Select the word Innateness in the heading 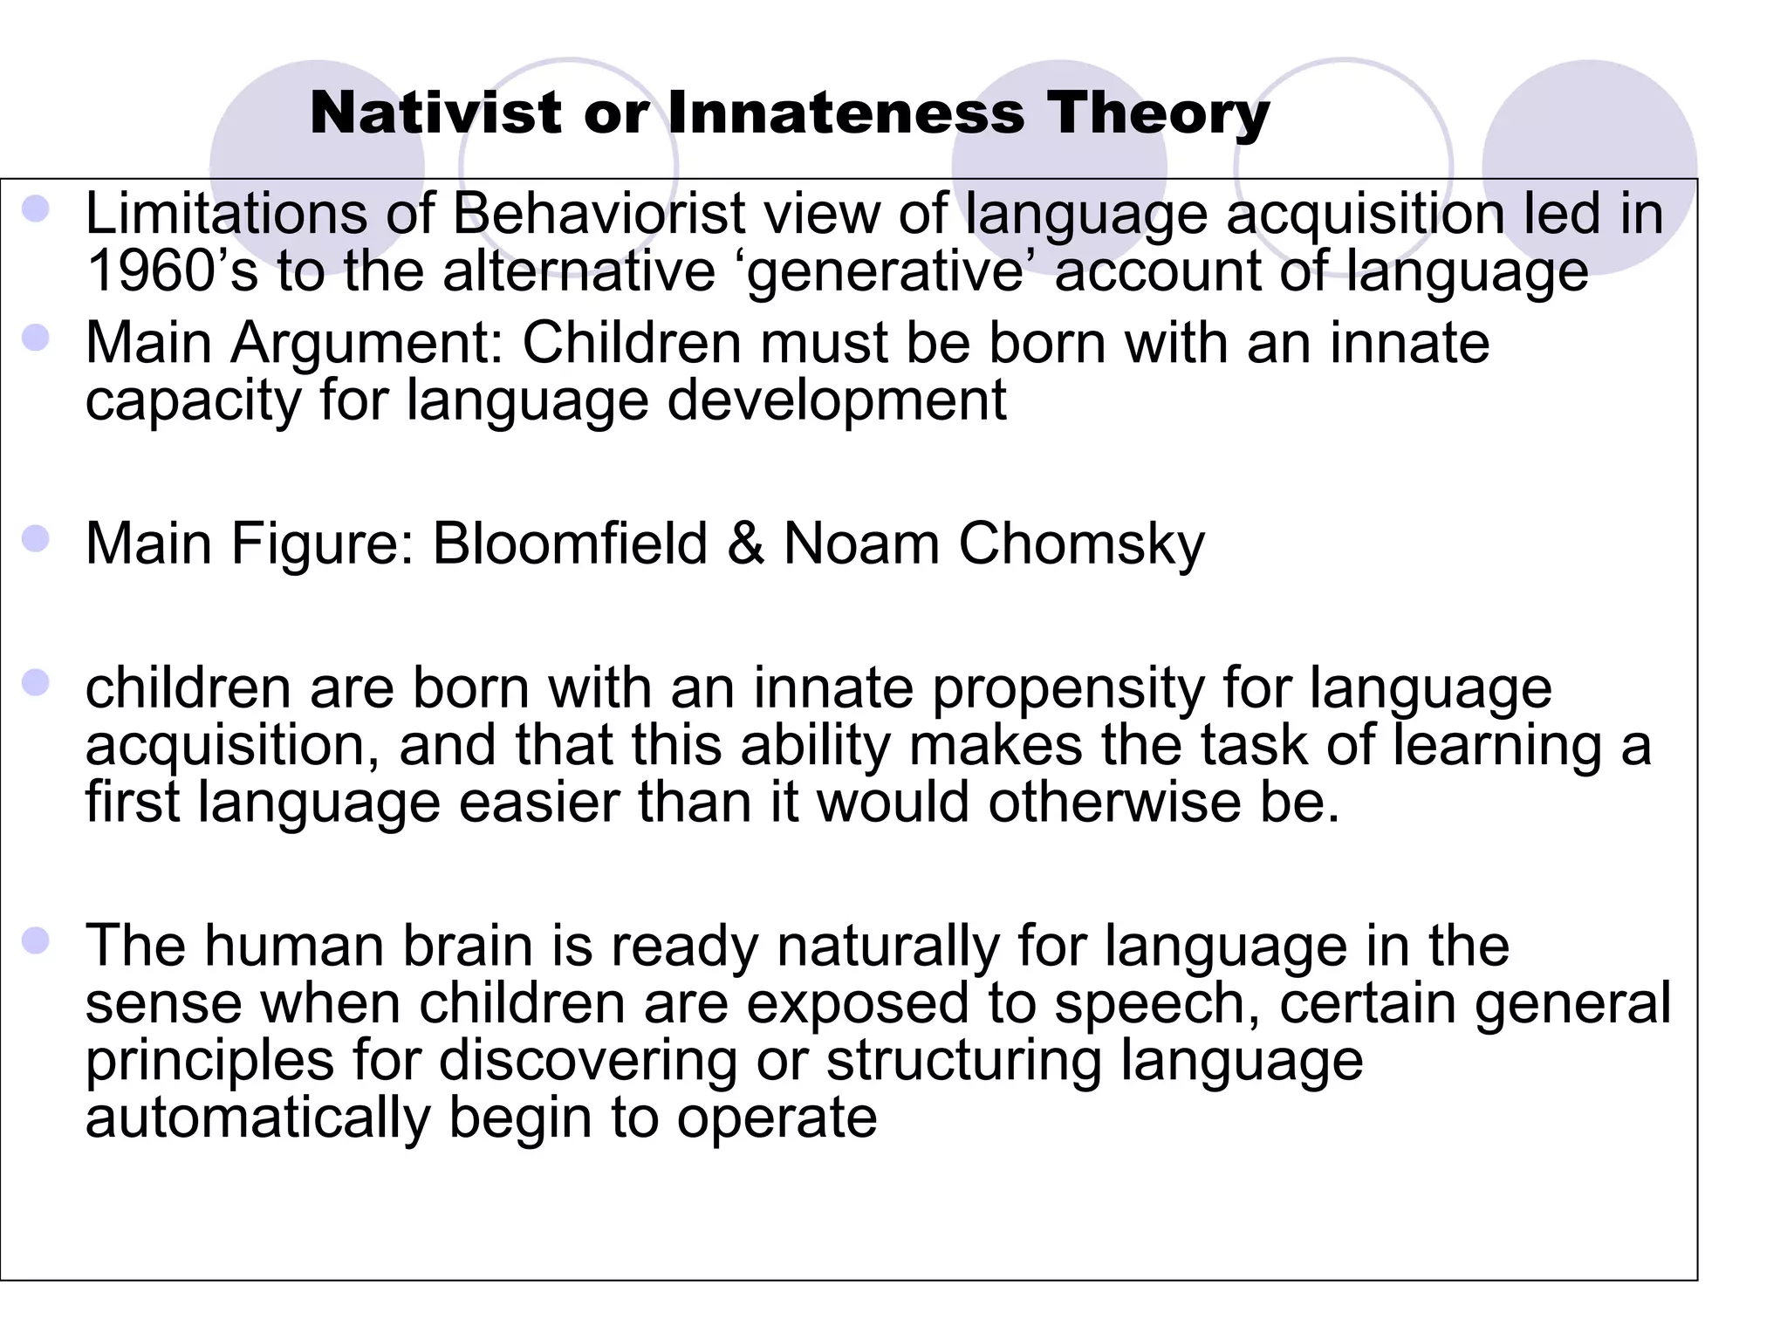[846, 113]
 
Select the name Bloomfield [569, 544]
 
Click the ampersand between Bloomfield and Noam [744, 544]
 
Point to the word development [837, 401]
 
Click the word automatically [258, 1118]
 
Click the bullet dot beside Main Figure [36, 539]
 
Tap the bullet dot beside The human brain [36, 941]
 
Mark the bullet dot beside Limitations [36, 209]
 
